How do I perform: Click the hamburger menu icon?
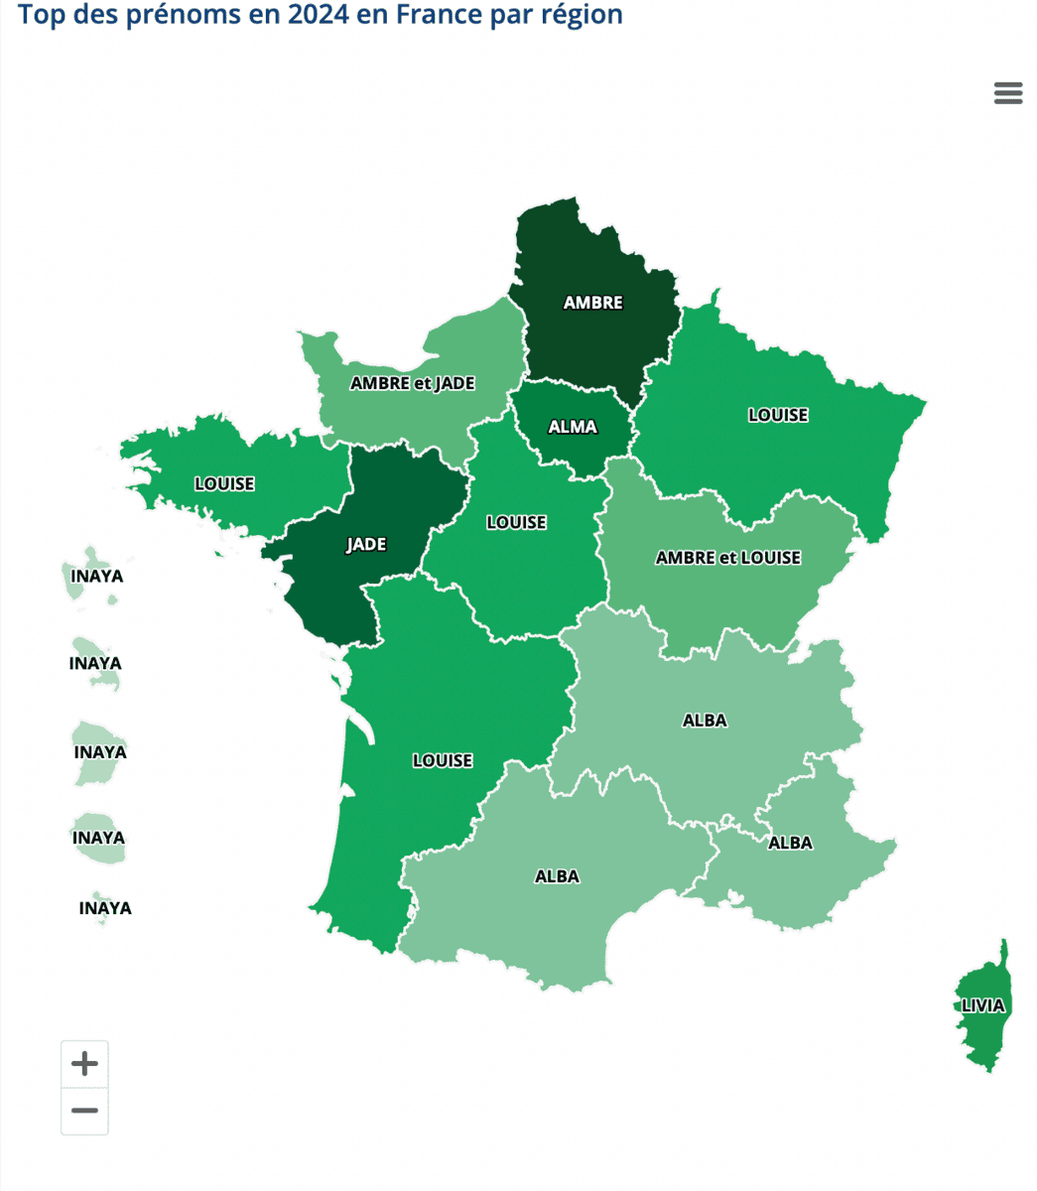coord(1007,93)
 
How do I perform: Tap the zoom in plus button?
coord(84,1064)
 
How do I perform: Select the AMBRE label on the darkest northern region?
coord(592,303)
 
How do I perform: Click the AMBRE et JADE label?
coord(412,383)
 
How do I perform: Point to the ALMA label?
coord(573,427)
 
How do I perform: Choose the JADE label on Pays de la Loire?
coord(366,545)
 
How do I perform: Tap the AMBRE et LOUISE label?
coord(727,558)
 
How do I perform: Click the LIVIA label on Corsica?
coord(982,1005)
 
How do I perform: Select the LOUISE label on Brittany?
coord(224,484)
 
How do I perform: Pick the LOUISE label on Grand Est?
coord(777,415)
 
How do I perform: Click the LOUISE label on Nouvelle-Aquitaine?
coord(443,761)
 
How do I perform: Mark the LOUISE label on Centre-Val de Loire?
coord(516,522)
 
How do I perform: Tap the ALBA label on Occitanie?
coord(557,876)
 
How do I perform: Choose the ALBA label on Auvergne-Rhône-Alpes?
coord(705,721)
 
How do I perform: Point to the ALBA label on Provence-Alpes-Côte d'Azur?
coord(790,843)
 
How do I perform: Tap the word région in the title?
coord(583,15)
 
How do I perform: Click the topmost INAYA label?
coord(97,576)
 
